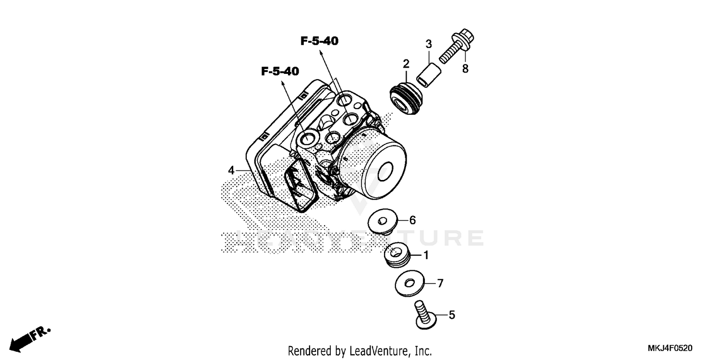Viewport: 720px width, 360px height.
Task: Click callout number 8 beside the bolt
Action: pyautogui.click(x=465, y=69)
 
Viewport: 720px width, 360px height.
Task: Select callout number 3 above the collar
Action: pyautogui.click(x=429, y=44)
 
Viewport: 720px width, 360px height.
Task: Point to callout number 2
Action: pyautogui.click(x=406, y=64)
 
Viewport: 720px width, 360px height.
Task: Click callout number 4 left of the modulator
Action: pyautogui.click(x=231, y=170)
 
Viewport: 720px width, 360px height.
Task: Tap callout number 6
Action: pyautogui.click(x=412, y=220)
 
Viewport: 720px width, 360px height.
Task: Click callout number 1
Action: pyautogui.click(x=426, y=255)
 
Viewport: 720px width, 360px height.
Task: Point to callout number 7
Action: pyautogui.click(x=440, y=283)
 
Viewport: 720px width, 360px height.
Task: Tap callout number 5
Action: pyautogui.click(x=452, y=315)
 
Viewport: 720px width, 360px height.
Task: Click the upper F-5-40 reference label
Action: pyautogui.click(x=319, y=41)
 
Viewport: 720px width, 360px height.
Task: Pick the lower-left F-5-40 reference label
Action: pyautogui.click(x=280, y=72)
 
